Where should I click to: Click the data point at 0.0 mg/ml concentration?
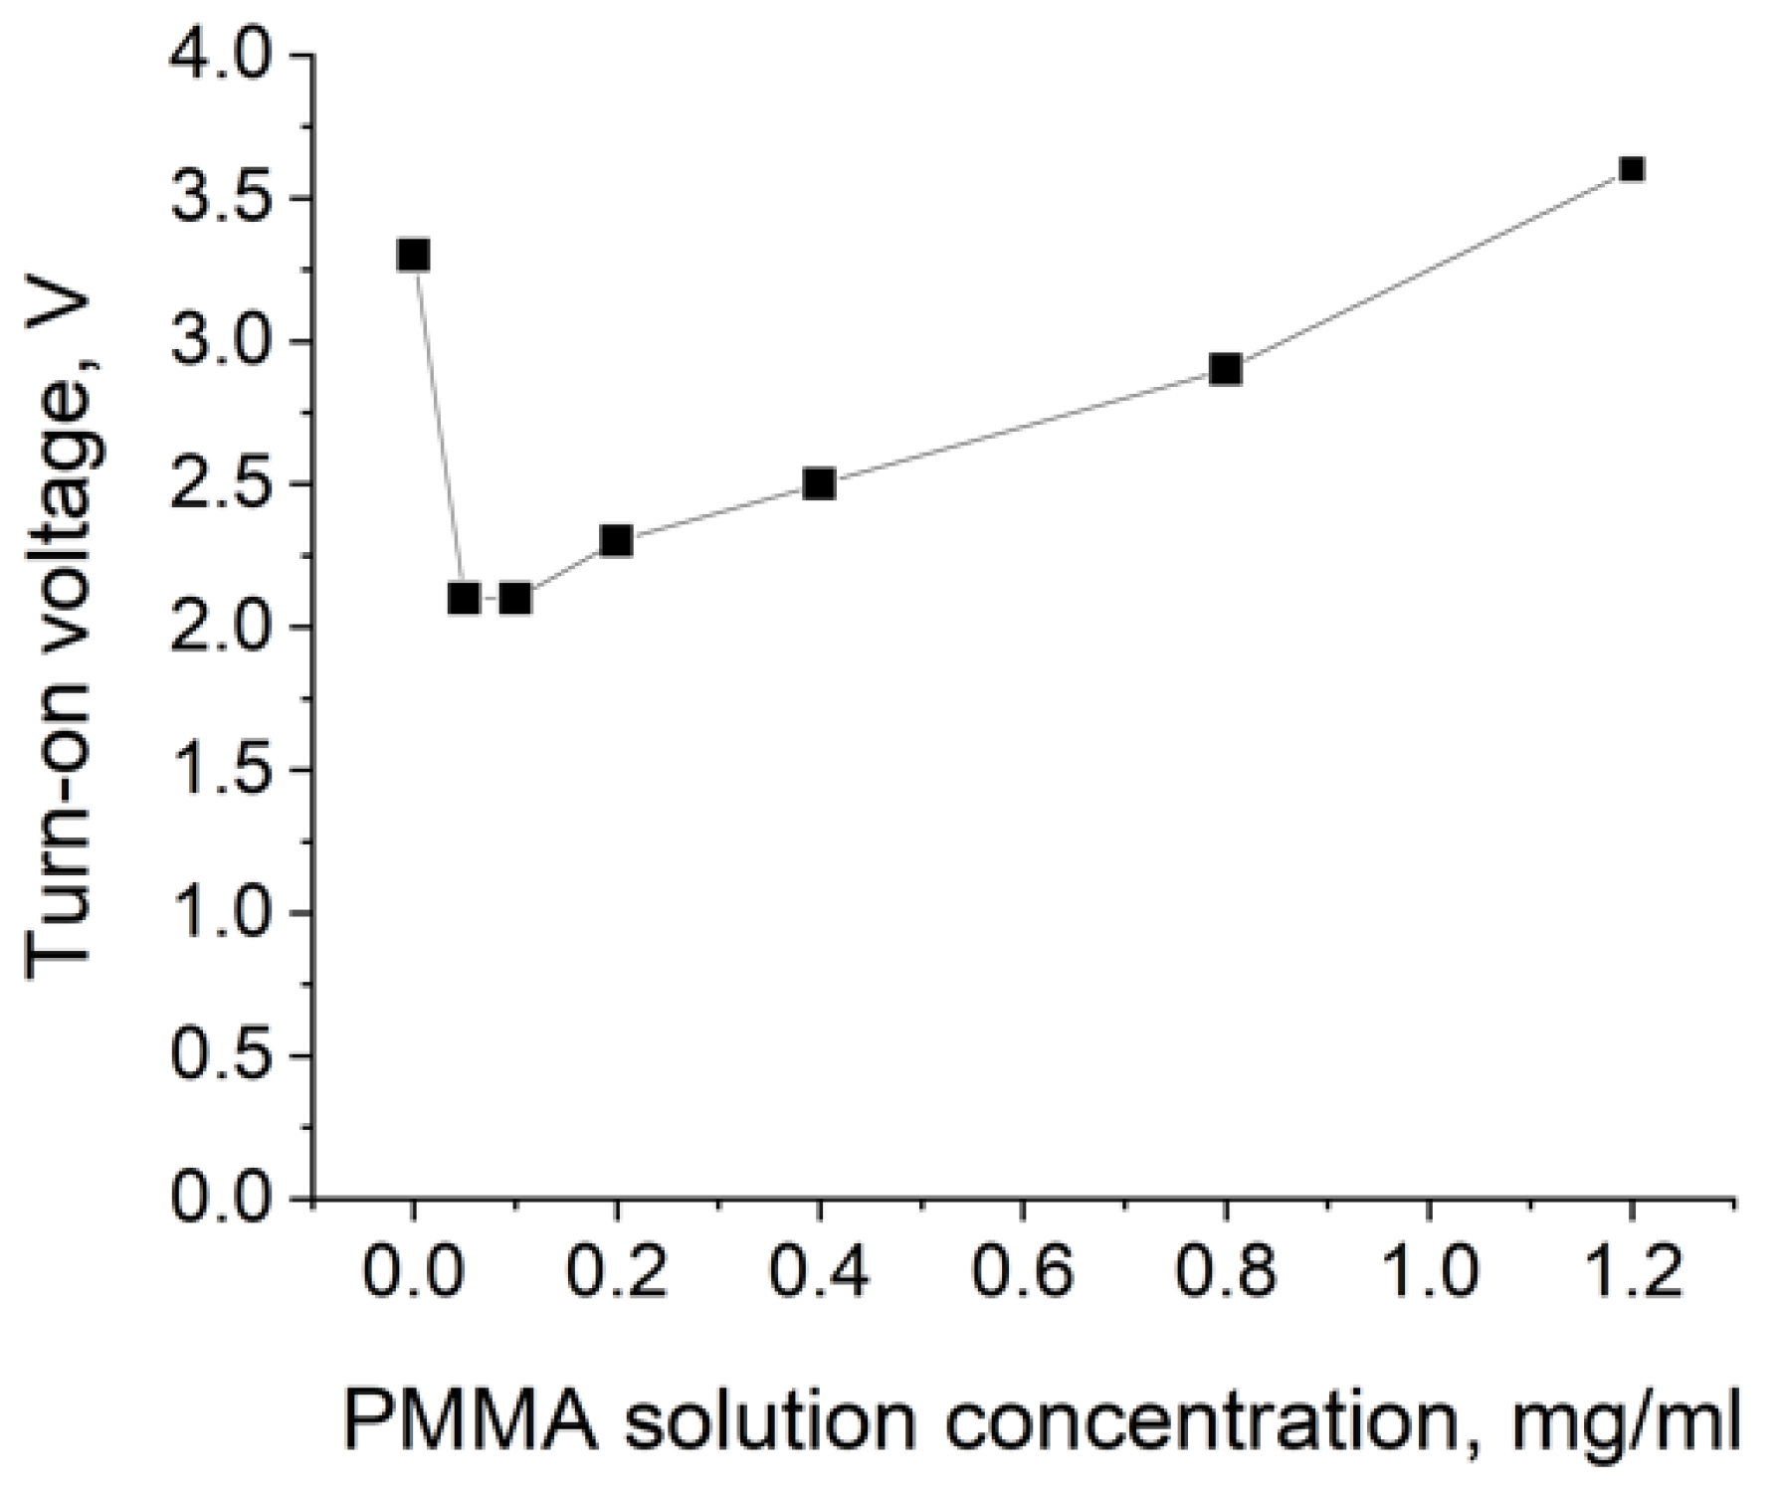click(413, 256)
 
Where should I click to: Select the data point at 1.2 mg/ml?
click(1631, 169)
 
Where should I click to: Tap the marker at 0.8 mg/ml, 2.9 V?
click(1226, 370)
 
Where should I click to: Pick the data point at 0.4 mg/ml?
click(819, 484)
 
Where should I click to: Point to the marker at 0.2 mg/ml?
click(617, 541)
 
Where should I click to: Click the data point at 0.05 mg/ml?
click(464, 599)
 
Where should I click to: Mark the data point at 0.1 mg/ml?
click(514, 599)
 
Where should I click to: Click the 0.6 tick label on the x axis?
click(1023, 1274)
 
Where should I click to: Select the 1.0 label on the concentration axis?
click(1429, 1274)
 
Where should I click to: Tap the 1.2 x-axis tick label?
click(1631, 1274)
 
